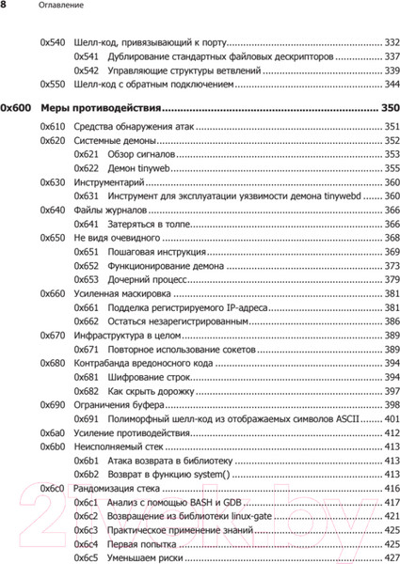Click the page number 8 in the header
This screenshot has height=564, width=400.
pos(5,7)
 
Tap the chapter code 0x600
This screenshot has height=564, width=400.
pos(17,107)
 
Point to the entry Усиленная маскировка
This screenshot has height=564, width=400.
pos(119,294)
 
